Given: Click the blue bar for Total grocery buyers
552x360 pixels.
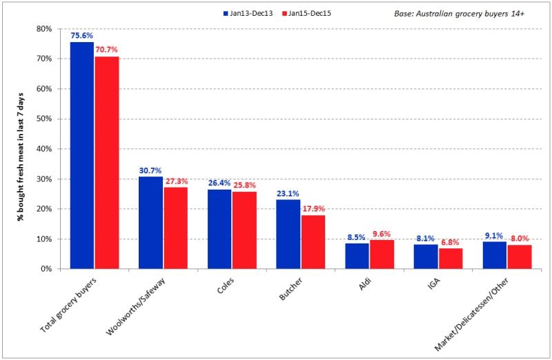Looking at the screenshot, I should point(82,155).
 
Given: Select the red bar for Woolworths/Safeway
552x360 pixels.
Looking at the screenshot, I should point(175,228).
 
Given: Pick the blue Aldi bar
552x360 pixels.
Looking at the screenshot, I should point(357,256).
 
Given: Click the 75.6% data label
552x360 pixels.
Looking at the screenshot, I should point(82,36).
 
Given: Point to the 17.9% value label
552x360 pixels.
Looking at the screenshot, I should point(313,209).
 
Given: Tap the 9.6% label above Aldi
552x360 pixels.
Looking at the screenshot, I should point(382,234).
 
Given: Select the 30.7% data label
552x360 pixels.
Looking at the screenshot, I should point(150,170).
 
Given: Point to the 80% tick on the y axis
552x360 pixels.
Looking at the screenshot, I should point(45,29).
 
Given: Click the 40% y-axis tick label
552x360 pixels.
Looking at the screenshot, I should point(45,149).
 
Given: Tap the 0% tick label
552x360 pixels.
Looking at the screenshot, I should point(47,269).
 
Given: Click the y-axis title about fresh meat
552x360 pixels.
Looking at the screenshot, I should point(21,148).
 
